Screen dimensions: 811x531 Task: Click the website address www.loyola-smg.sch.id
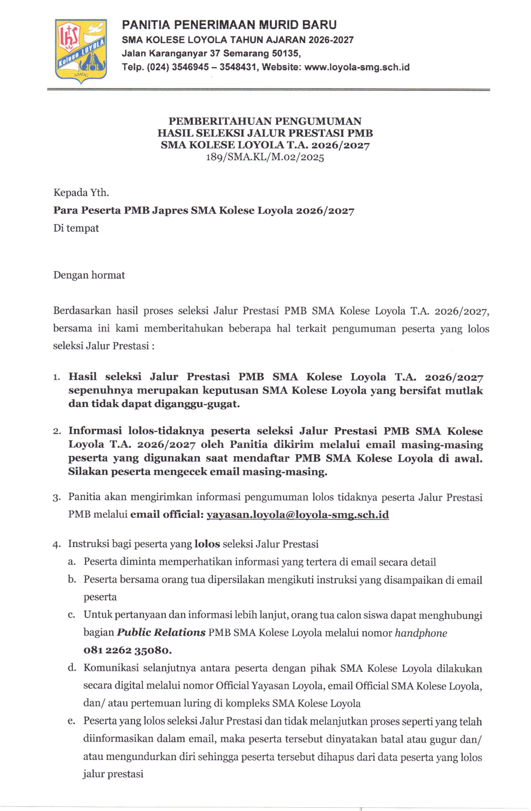point(357,67)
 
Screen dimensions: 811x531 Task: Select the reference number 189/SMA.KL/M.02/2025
point(265,157)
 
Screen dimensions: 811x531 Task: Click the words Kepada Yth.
point(81,193)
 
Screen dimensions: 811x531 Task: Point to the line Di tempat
point(76,228)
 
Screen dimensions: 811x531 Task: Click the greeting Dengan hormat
point(89,275)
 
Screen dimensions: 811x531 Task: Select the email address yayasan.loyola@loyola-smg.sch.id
point(298,515)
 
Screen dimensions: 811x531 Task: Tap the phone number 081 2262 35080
point(127,650)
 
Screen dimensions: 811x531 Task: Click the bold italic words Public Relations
point(161,633)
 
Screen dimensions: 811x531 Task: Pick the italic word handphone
point(421,633)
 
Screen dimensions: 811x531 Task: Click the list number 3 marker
point(57,498)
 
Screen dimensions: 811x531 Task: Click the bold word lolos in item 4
point(207,544)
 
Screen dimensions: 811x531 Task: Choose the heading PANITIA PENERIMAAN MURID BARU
point(229,25)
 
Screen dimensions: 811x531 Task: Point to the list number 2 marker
point(57,431)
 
